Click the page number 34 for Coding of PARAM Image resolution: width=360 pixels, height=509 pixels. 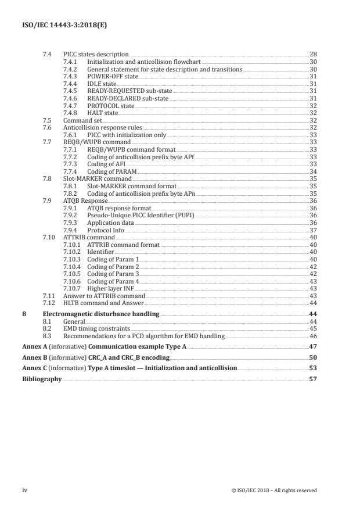tap(312, 172)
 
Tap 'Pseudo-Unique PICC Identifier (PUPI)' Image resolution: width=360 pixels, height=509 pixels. tap(141, 215)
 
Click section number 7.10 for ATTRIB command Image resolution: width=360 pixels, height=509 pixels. tap(50, 237)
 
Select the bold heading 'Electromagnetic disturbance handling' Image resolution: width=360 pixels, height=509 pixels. tap(111, 313)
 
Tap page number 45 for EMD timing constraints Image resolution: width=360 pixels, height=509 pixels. tap(312, 328)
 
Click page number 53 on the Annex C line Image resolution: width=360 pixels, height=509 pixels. tap(312, 368)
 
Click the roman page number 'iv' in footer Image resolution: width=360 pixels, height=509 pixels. tap(24, 490)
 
